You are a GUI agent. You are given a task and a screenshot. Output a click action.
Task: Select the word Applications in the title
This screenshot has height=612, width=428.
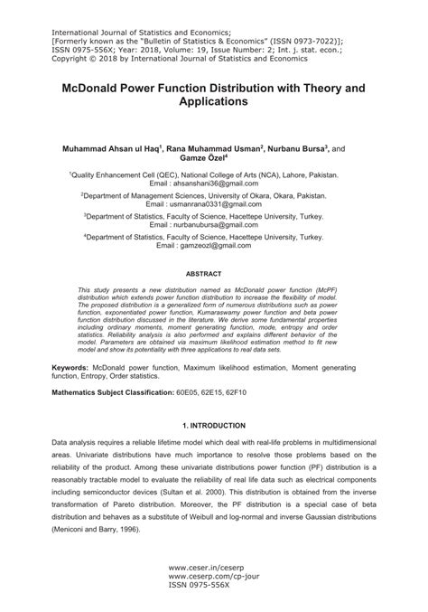(213, 104)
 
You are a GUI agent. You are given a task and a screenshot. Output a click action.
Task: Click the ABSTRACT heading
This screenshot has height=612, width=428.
(213, 272)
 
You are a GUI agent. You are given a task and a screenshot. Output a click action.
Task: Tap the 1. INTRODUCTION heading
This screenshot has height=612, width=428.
(213, 425)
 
